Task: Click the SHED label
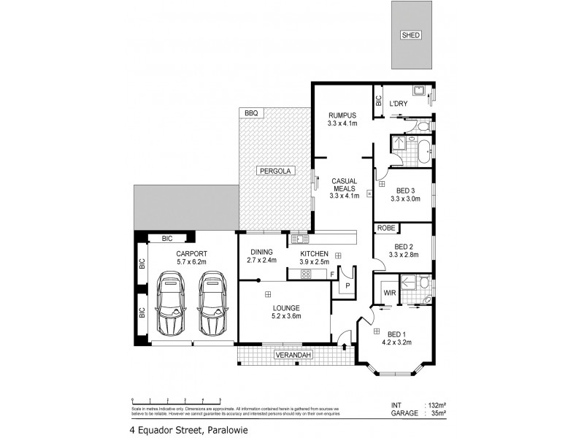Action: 411,35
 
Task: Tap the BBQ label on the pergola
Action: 251,113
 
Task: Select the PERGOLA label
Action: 274,171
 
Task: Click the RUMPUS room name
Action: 342,115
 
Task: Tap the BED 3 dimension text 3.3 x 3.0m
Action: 405,198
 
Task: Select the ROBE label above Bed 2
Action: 386,228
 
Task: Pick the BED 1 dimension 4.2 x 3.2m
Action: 398,341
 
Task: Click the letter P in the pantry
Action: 347,285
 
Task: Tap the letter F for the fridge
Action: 332,274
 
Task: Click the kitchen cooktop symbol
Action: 307,274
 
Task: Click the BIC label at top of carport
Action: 167,238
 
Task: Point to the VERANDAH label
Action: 293,356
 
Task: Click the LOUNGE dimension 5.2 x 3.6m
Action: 286,316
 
